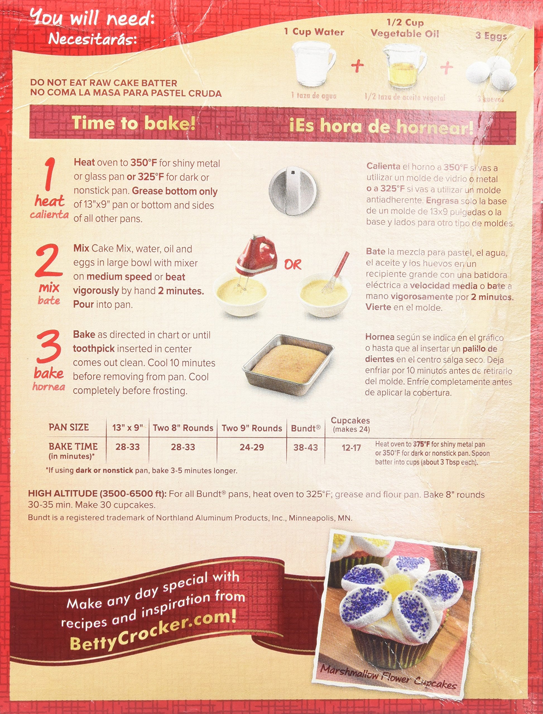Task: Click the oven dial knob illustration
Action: pos(293,190)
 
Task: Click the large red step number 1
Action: pos(49,175)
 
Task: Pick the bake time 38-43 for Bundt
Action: pos(306,448)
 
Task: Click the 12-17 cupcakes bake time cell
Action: pos(351,448)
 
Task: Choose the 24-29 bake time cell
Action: pos(252,447)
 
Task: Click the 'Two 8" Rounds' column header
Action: pos(183,428)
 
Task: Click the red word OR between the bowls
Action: pos(293,265)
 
